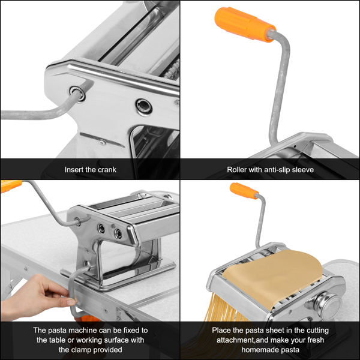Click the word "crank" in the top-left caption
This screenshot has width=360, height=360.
coord(105,170)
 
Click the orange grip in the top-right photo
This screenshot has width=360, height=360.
coord(244,23)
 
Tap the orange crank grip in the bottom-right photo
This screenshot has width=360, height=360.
coord(244,191)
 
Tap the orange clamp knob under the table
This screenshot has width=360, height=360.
coord(87,318)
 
